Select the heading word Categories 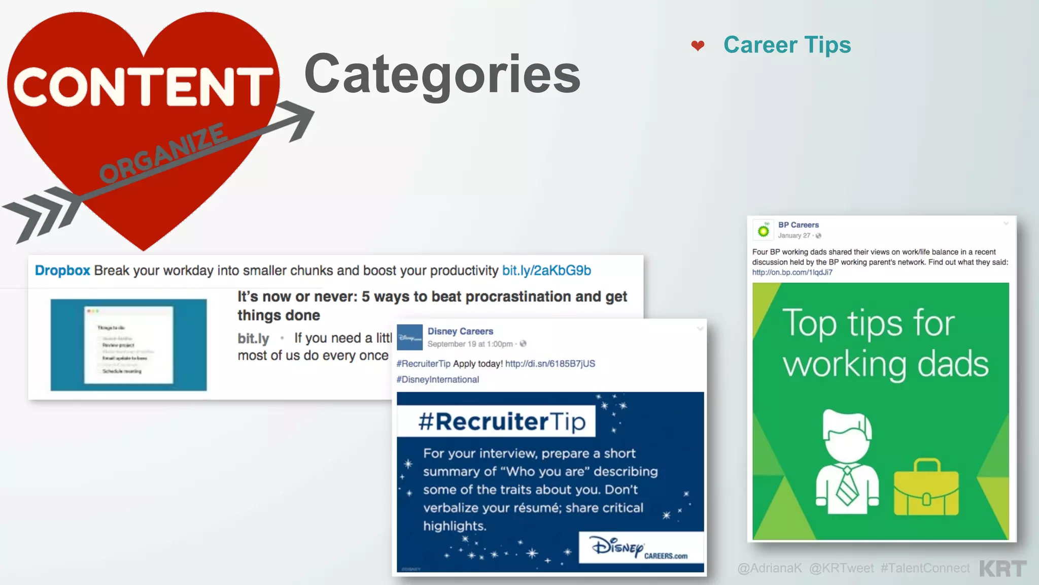[x=442, y=75]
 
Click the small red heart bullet [x=698, y=46]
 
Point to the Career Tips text [x=787, y=45]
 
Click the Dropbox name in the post [x=62, y=270]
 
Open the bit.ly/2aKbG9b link [x=546, y=270]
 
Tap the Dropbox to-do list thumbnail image [x=128, y=345]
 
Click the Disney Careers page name [x=460, y=331]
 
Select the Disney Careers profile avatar [x=409, y=337]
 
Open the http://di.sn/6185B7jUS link [x=550, y=364]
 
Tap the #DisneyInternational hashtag [x=437, y=379]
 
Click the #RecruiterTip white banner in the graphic [x=496, y=421]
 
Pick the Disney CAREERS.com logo [x=641, y=548]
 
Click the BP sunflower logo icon [x=763, y=231]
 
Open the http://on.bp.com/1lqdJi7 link [x=792, y=272]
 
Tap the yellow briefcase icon [x=926, y=488]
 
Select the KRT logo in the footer [x=1002, y=568]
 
